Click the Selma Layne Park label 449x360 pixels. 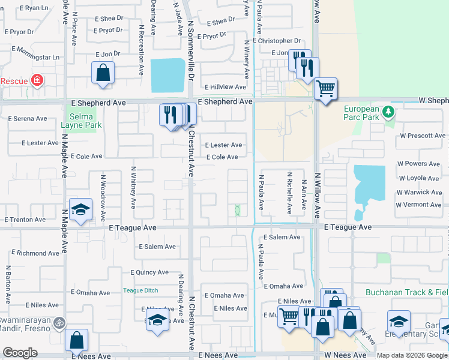[x=82, y=121]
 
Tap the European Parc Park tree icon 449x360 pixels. [x=388, y=111]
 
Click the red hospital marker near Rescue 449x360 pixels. [x=37, y=80]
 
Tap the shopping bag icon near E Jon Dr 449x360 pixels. [x=103, y=73]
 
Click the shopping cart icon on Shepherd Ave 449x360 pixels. [x=325, y=89]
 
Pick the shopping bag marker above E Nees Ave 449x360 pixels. [x=76, y=341]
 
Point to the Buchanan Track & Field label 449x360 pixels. [x=407, y=293]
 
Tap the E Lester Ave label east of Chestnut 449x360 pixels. [x=223, y=145]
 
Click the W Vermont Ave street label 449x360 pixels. [x=418, y=205]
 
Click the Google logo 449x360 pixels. [x=20, y=353]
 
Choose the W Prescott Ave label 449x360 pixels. [x=423, y=136]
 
